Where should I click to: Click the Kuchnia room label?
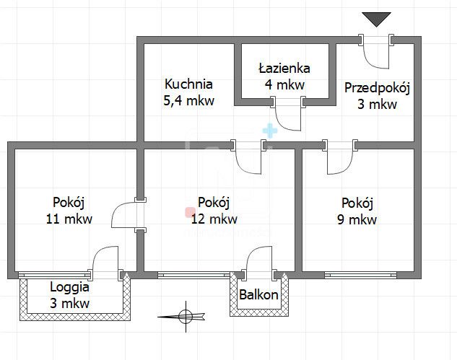[x=188, y=84]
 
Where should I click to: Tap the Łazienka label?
[x=284, y=69]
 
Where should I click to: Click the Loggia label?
[x=69, y=286]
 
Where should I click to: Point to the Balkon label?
[x=258, y=295]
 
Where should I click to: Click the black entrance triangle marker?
[x=376, y=19]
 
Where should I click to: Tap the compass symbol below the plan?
[x=185, y=315]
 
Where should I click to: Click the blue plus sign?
[x=269, y=131]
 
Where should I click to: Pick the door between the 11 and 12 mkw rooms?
[x=128, y=214]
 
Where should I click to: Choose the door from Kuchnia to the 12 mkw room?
[x=250, y=157]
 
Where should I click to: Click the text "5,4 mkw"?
[x=188, y=101]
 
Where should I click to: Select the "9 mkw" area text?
[x=359, y=220]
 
